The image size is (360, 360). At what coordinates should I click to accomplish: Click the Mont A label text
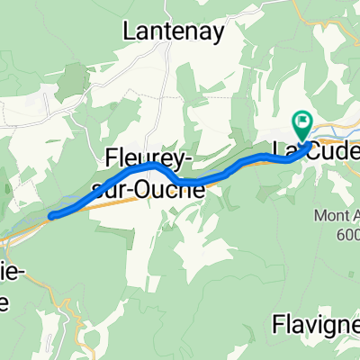point(337,215)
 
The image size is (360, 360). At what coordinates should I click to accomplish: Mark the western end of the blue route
point(52,215)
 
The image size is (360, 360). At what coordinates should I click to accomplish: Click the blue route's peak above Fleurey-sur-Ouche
point(151,166)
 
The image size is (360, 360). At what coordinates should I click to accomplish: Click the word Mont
point(328,215)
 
